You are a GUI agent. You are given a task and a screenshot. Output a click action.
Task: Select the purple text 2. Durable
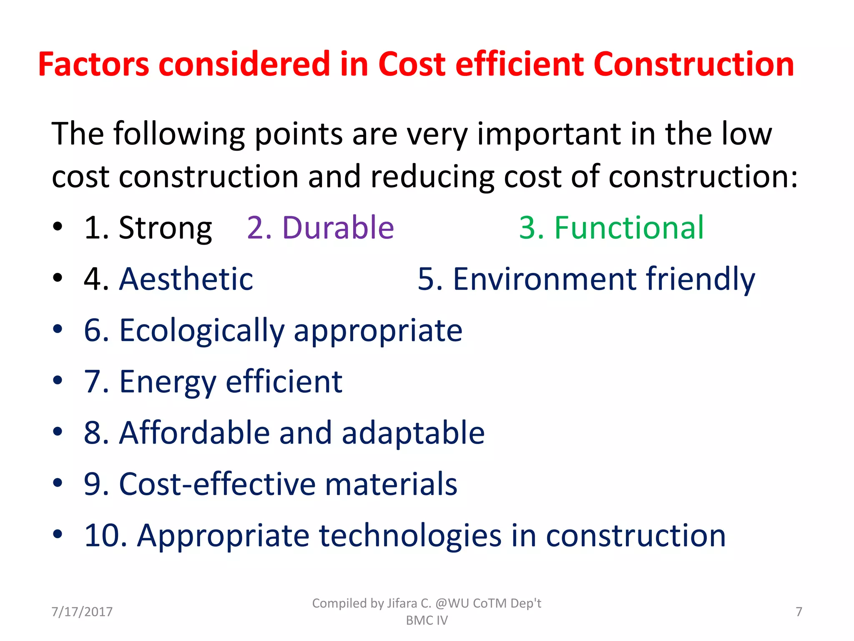320,228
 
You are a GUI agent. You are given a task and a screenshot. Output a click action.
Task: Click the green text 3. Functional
611,228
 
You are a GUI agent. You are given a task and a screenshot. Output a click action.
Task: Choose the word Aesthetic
186,279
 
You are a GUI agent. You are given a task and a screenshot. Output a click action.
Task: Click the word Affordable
194,433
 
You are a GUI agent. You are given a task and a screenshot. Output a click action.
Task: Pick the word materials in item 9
391,484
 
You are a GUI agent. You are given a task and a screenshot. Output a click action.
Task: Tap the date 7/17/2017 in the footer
82,612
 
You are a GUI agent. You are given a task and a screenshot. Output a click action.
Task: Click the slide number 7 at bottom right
799,612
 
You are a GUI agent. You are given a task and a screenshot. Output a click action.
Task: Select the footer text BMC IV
427,621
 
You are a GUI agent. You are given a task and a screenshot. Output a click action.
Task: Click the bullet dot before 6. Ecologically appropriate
58,329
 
